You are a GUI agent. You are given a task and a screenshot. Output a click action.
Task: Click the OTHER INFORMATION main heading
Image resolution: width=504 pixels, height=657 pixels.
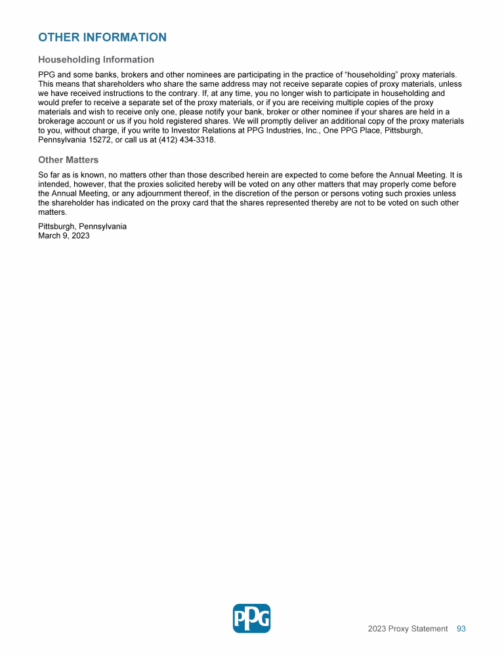coord(102,37)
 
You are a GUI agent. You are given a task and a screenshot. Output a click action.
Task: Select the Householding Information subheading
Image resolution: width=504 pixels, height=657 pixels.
coord(96,60)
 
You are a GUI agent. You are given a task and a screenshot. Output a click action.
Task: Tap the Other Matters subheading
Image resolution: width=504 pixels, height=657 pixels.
coord(68,160)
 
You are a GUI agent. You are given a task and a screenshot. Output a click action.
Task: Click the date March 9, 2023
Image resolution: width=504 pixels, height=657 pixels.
coord(64,235)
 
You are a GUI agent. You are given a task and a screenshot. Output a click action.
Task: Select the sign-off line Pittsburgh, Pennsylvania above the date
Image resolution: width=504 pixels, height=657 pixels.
coord(82,226)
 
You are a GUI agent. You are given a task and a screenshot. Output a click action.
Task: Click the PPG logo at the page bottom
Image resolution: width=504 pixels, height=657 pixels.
coord(251,618)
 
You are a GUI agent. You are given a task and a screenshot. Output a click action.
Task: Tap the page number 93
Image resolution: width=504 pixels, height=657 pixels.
coord(461,629)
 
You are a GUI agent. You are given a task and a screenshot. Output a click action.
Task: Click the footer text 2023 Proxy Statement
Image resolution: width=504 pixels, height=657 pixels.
coord(408,629)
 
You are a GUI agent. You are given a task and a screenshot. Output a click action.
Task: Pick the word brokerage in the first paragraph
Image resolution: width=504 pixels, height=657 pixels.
coord(57,122)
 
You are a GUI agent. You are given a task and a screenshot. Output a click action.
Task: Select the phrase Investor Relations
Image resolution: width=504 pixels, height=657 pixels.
coord(182,131)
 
